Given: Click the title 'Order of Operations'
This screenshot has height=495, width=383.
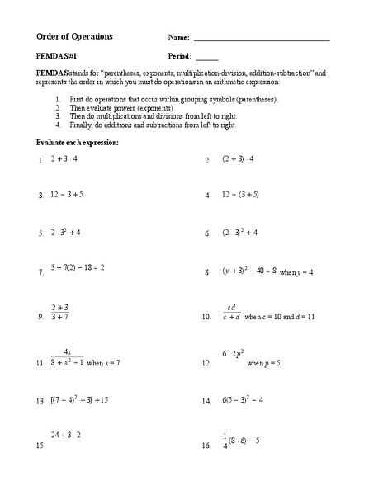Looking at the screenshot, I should click(75, 37).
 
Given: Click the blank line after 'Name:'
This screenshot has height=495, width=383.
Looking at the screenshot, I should click(261, 40).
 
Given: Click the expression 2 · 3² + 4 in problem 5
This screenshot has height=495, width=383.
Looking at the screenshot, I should click(65, 233).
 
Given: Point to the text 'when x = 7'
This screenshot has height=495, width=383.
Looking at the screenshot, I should click(104, 363).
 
